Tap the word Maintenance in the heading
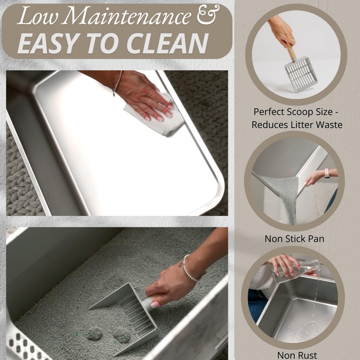point(129,16)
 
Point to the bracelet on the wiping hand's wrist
point(117,83)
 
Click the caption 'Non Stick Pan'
point(294,239)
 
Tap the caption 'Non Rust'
point(297,355)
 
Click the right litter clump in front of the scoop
point(121,336)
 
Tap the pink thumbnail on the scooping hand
point(154,304)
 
